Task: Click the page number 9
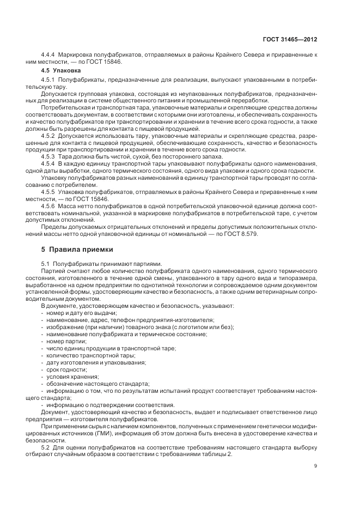pos(316,466)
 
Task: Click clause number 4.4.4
pos(50,55)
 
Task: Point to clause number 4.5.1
pos(50,80)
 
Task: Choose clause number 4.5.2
pos(50,134)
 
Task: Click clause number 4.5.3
pos(50,156)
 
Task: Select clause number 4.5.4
pos(50,163)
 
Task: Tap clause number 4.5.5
pos(50,192)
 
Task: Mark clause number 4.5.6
pos(50,206)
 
